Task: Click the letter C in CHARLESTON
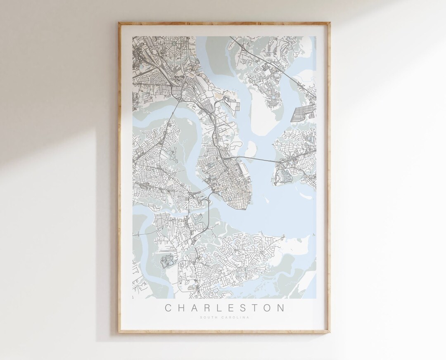click(168, 308)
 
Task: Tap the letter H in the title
click(182, 308)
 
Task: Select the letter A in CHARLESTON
click(195, 308)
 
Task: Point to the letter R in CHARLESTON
click(209, 308)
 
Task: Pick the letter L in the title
click(221, 308)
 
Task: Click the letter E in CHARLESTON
click(233, 308)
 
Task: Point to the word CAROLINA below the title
click(236, 317)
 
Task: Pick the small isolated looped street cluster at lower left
click(168, 261)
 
